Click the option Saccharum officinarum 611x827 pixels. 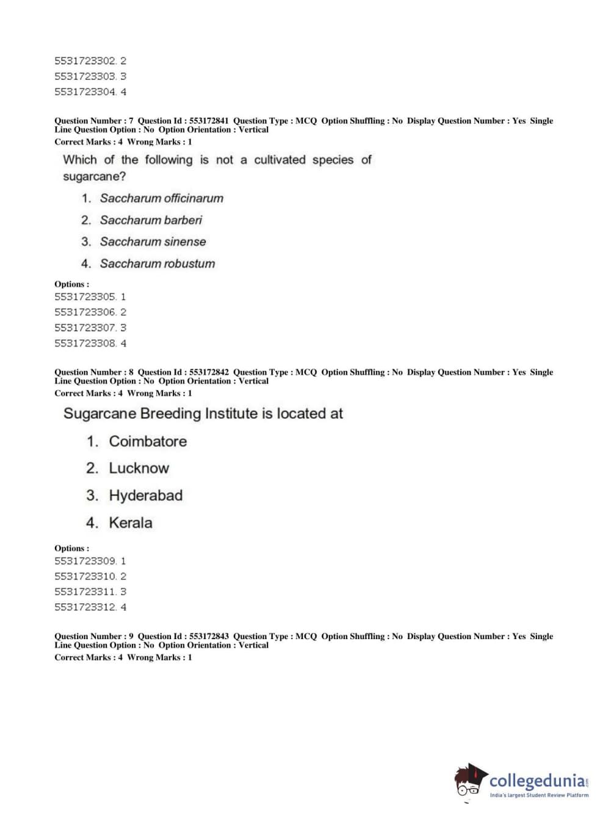pyautogui.click(x=161, y=198)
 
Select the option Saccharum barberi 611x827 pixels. pyautogui.click(x=151, y=220)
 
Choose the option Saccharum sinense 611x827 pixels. pyautogui.click(x=153, y=242)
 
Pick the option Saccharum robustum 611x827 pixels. pyautogui.click(x=157, y=263)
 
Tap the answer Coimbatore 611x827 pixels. pyautogui.click(x=148, y=441)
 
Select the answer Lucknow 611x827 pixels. pyautogui.click(x=139, y=468)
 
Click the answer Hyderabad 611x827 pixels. pyautogui.click(x=145, y=495)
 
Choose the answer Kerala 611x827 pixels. pyautogui.click(x=131, y=523)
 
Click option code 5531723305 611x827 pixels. pyautogui.click(x=85, y=297)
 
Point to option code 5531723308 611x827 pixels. pyautogui.click(x=85, y=343)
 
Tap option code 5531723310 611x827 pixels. pyautogui.click(x=85, y=576)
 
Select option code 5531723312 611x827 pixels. pyautogui.click(x=85, y=607)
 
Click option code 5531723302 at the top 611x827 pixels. pyautogui.click(x=85, y=61)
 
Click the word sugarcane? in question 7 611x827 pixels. pyautogui.click(x=94, y=176)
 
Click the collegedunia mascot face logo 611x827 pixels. pyautogui.click(x=470, y=781)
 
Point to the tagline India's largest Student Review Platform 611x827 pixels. pyautogui.click(x=539, y=795)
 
